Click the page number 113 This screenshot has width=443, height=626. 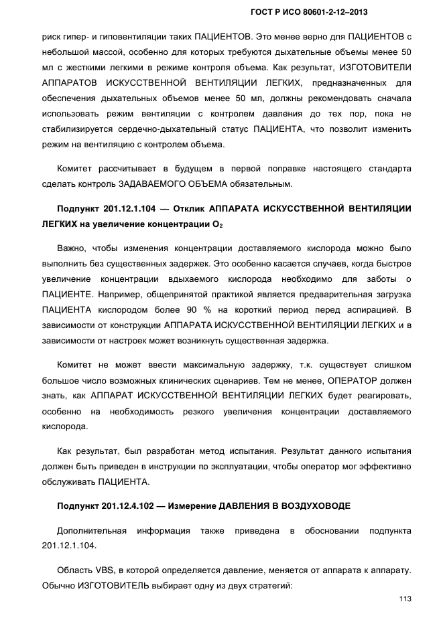click(403, 599)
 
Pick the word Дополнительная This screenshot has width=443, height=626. click(92, 531)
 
